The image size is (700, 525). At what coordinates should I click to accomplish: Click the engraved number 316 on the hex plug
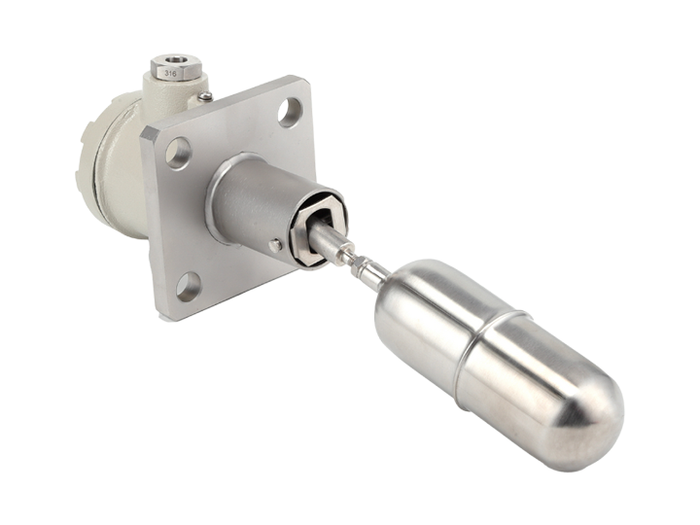pos(170,73)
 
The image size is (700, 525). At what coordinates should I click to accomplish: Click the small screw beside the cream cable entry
pos(205,95)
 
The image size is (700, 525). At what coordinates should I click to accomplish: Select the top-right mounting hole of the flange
pos(290,111)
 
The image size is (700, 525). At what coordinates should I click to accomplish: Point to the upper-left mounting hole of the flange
pos(178,153)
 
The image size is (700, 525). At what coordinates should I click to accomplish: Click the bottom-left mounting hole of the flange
pos(187,286)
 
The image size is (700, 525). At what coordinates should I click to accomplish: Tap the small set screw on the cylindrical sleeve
pos(276,245)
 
